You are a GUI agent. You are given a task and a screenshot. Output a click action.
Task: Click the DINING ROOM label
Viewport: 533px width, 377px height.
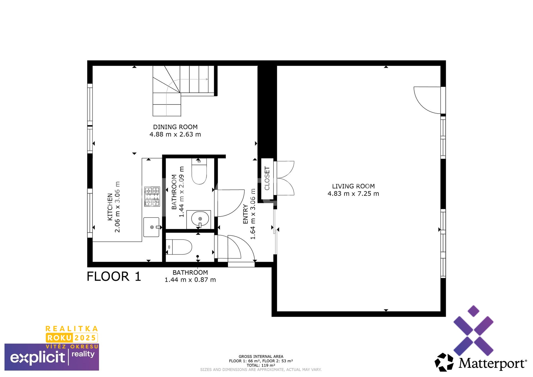click(x=175, y=127)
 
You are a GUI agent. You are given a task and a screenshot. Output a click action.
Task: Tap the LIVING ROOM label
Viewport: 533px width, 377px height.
click(x=353, y=186)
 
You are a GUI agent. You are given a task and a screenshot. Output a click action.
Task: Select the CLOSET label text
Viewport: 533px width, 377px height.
click(x=267, y=178)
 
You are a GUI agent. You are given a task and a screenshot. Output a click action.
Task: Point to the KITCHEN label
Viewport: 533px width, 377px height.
click(x=110, y=207)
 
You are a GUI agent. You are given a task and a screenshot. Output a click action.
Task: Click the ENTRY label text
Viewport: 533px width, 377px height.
click(x=245, y=214)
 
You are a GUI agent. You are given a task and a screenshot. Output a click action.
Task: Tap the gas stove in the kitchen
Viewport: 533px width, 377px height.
click(x=152, y=197)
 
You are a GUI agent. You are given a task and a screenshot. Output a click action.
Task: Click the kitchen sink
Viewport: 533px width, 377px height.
click(x=152, y=227)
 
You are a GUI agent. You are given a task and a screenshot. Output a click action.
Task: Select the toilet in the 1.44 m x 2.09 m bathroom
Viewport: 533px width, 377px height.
click(x=199, y=171)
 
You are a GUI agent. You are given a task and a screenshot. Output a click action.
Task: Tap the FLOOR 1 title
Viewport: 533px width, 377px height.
click(x=114, y=277)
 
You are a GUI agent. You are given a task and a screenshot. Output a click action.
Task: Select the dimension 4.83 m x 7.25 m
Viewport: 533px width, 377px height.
click(x=353, y=194)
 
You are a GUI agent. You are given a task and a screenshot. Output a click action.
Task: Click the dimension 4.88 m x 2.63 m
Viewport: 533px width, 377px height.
click(x=175, y=134)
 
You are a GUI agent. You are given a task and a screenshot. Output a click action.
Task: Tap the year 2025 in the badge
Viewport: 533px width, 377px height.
click(x=85, y=338)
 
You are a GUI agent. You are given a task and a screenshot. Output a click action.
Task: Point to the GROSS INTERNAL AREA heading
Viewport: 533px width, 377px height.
click(x=261, y=356)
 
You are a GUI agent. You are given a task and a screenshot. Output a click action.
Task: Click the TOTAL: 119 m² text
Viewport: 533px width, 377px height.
click(x=261, y=365)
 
